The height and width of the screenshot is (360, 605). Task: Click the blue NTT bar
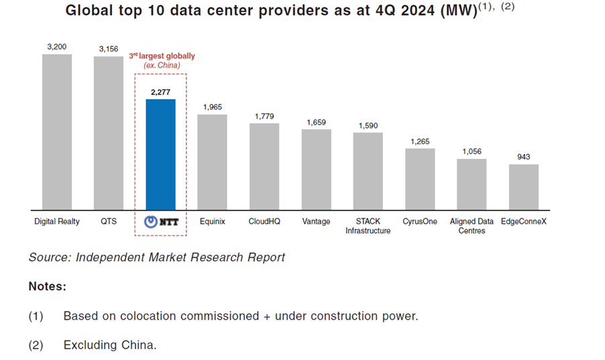[x=161, y=154]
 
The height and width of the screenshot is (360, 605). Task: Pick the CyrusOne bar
[x=420, y=178]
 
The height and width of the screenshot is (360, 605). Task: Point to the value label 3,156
[x=108, y=49]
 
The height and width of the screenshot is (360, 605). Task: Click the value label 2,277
[x=161, y=92]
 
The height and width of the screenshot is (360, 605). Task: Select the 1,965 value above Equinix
[x=212, y=107]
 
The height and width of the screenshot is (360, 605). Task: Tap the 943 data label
[x=524, y=157]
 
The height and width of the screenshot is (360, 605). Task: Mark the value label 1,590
[x=368, y=125]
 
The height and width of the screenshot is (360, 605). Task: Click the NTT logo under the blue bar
[x=161, y=222]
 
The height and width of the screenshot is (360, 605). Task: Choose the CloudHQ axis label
[x=264, y=221]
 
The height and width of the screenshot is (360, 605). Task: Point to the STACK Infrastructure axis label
[x=368, y=226]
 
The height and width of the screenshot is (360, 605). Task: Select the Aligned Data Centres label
[x=472, y=226]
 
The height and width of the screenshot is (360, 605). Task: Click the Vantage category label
[x=316, y=221]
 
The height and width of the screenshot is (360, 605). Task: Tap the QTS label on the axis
[x=109, y=221]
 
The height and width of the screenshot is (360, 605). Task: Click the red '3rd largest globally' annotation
[x=162, y=56]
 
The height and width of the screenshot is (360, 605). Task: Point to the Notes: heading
[x=47, y=286]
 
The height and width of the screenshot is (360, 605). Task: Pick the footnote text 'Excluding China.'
[x=109, y=345]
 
